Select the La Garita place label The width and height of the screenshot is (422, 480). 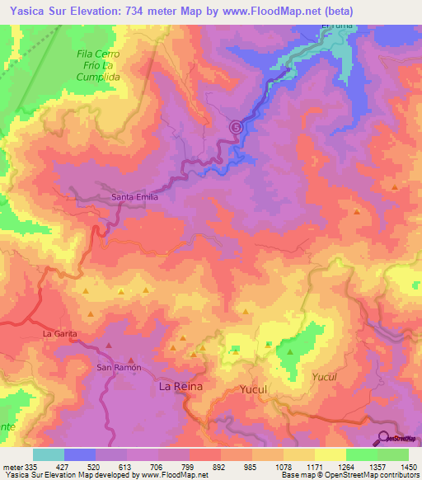tap(60, 333)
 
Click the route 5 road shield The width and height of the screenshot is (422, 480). tap(237, 127)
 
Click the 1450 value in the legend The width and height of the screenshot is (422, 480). tap(407, 465)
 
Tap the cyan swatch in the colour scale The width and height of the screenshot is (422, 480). tap(49, 454)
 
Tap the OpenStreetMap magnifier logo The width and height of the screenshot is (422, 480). tap(385, 438)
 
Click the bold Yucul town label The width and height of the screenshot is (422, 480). tap(255, 388)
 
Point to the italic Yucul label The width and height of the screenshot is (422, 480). tap(325, 377)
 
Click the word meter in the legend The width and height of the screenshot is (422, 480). tap(11, 465)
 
